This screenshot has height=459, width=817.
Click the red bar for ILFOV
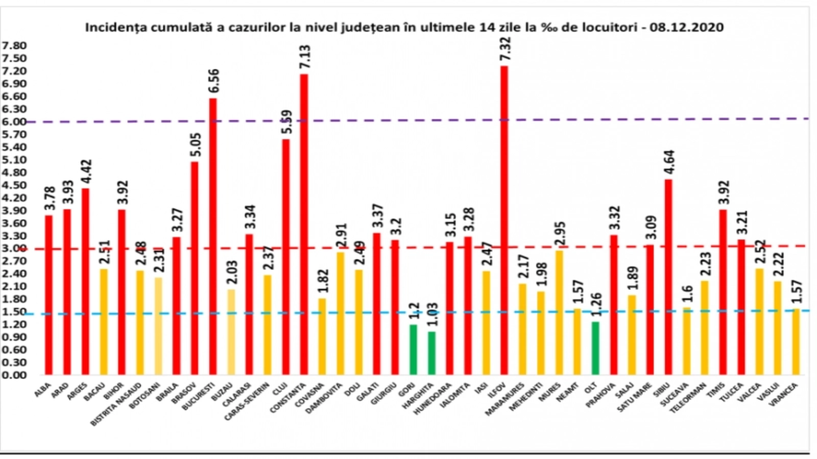coord(504,219)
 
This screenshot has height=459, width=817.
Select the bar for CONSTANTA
coord(304,224)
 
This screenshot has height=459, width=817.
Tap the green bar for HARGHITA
coord(431,353)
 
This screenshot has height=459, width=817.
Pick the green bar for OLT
coord(595,348)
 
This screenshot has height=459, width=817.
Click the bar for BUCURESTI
coord(213,236)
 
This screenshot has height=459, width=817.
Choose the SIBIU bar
coord(668,277)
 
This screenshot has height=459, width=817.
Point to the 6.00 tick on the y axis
coord(14,122)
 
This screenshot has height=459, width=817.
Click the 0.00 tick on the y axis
coord(14,375)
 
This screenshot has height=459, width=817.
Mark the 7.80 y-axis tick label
coord(14,46)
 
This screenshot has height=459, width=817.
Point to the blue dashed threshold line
coord(153,313)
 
